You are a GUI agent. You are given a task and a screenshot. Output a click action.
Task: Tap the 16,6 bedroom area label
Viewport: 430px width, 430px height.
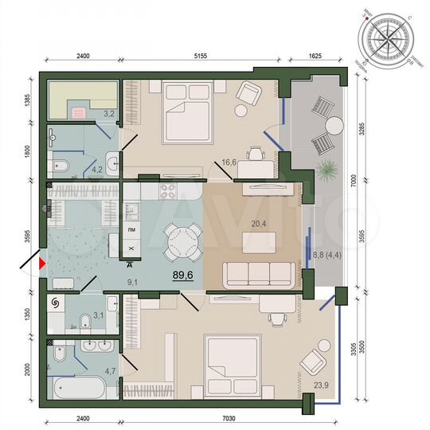tap(231, 163)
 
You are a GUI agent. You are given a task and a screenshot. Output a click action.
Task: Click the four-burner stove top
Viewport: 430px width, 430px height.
tap(170, 190)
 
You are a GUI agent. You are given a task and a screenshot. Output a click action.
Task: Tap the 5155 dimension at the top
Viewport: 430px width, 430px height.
tap(200, 57)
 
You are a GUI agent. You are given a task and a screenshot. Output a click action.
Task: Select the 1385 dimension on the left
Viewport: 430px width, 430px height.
tap(26, 101)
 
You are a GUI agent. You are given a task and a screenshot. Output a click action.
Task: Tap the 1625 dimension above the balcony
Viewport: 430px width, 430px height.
tap(316, 57)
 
